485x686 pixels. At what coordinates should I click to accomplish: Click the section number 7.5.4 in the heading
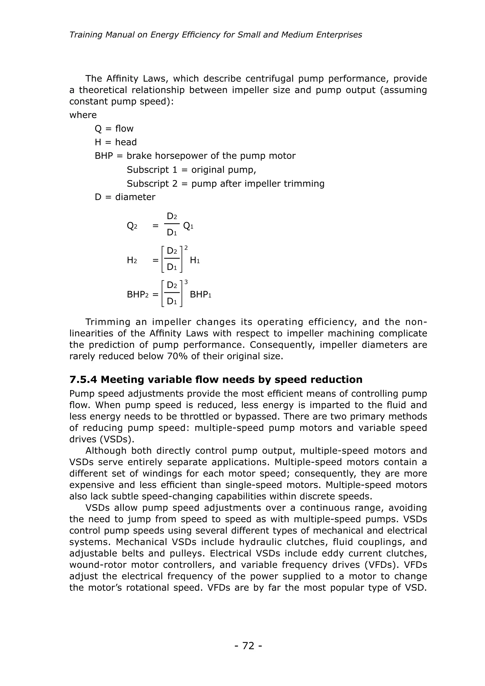[x=83, y=380]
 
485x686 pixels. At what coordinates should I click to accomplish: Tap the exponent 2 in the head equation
[x=186, y=248]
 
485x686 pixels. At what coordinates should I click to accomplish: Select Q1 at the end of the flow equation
[x=188, y=226]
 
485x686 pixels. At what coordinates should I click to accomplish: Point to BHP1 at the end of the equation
[x=200, y=295]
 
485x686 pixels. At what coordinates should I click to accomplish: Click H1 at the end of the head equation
[x=195, y=260]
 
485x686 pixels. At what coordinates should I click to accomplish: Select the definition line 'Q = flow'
[x=114, y=128]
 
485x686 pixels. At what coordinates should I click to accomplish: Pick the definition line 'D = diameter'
[x=125, y=197]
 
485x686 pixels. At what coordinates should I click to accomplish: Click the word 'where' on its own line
[x=83, y=115]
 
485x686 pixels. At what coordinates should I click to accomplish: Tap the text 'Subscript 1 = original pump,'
[x=191, y=170]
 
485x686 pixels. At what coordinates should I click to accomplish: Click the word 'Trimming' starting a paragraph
[x=108, y=322]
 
